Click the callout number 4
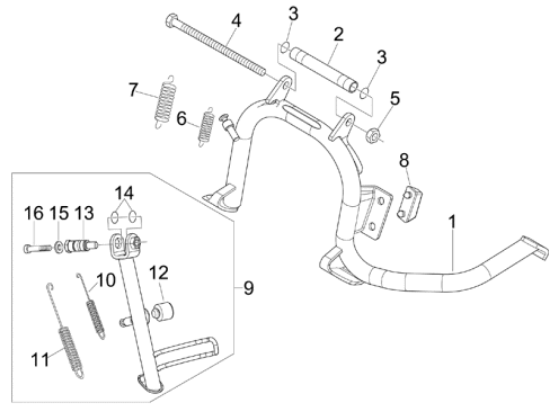click(236, 21)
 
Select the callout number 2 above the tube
click(338, 34)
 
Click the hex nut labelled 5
click(373, 135)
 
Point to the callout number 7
click(133, 90)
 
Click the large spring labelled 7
click(165, 102)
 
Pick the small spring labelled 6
click(206, 127)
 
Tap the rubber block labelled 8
click(409, 205)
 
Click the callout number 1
click(453, 222)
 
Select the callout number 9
click(248, 288)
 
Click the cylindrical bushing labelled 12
click(162, 312)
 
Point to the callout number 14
click(124, 193)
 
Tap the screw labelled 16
click(38, 248)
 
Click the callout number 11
click(40, 360)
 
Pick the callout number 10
click(106, 280)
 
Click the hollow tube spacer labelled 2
click(324, 69)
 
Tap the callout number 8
click(404, 160)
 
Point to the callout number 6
click(181, 119)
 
